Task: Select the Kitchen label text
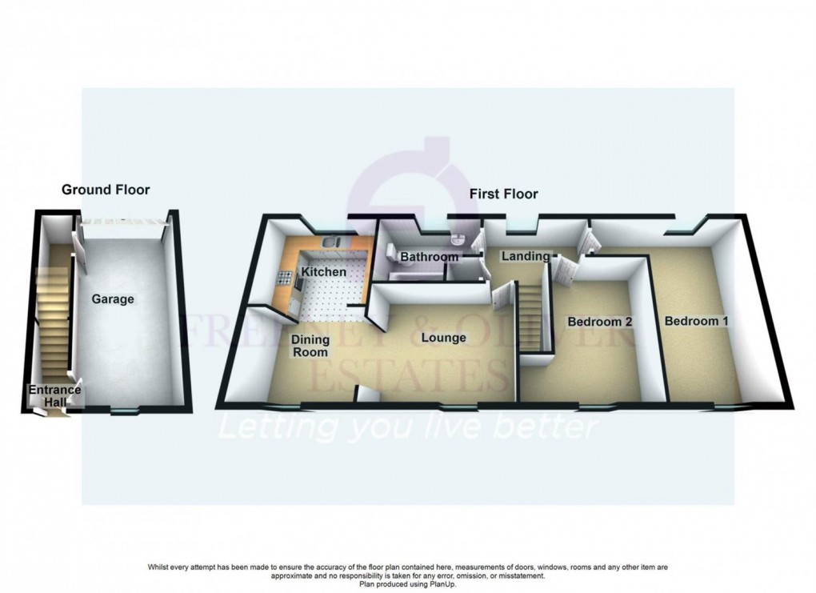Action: point(324,272)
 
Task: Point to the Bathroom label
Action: point(430,257)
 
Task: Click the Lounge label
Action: point(444,338)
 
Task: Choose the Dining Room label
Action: point(310,347)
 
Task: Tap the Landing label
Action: point(526,256)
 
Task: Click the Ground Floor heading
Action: point(106,190)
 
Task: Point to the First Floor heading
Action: point(502,194)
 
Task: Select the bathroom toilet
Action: point(391,253)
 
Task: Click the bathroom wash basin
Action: point(454,241)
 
